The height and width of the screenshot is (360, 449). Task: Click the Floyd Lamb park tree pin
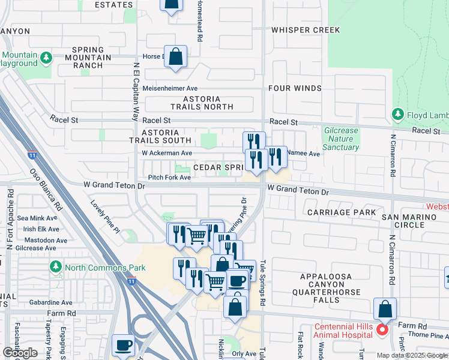point(397,114)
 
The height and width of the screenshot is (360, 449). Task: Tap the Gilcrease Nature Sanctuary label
point(341,139)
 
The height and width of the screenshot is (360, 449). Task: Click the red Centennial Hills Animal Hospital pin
point(382,329)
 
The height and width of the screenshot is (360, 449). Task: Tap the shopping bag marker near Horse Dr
point(175,58)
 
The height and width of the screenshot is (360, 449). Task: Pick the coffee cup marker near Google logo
point(124,346)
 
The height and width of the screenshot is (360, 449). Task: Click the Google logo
point(20,353)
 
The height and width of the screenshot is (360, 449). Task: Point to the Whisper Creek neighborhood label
point(306,30)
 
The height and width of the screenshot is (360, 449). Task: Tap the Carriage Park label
point(341,212)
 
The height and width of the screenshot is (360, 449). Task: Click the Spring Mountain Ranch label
point(92,58)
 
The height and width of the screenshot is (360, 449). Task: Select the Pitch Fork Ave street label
point(170,178)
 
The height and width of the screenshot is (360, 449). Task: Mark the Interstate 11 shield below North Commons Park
point(131,281)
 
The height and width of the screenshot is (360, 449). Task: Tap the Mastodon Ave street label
point(37,239)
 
